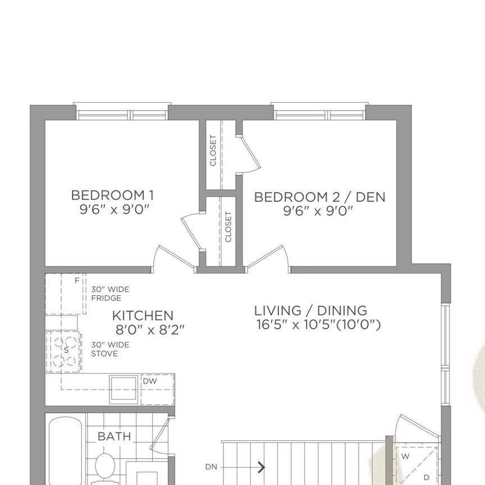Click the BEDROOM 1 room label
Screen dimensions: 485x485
tap(112, 195)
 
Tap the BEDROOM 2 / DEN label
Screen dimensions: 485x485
tap(319, 197)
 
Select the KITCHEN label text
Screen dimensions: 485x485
tap(143, 315)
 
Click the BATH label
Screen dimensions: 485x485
tap(114, 436)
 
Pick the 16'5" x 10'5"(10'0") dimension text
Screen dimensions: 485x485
tap(318, 324)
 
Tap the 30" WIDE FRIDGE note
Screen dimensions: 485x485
tap(110, 294)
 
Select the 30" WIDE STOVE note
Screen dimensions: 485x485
tap(110, 349)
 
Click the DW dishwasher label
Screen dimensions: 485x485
tap(149, 381)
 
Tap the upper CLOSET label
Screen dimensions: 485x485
tap(213, 151)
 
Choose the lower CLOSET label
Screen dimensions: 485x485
tap(228, 227)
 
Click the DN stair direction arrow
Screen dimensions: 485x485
tap(261, 466)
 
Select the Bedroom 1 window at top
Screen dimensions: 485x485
tap(122, 112)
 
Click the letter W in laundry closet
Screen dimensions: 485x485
tap(405, 456)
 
